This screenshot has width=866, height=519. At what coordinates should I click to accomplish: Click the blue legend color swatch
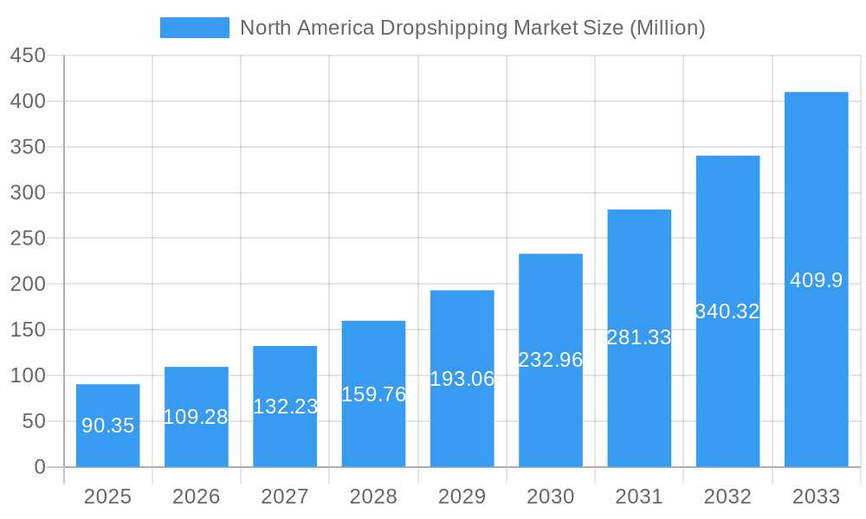pos(195,28)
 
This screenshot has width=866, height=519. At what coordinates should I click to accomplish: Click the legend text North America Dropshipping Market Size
pos(472,28)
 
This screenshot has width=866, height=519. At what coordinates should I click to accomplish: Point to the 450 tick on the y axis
pos(28,55)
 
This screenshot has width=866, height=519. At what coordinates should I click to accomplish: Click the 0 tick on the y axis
pos(39,467)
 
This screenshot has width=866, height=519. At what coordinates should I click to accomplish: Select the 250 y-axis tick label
pos(28,239)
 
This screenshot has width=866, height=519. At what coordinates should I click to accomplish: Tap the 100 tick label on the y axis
pos(28,375)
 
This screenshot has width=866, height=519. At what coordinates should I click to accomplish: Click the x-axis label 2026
pos(197,497)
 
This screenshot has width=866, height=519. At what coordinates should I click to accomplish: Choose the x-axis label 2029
pos(462,497)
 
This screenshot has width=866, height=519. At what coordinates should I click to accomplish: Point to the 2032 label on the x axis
pos(727,497)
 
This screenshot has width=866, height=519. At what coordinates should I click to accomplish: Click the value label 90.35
pos(107,426)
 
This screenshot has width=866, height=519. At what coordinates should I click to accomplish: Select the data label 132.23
pos(285,407)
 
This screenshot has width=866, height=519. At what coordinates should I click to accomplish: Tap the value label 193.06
pos(462,379)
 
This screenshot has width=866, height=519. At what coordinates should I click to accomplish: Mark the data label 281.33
pos(639,338)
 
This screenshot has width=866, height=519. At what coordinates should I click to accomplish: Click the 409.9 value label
pos(816,280)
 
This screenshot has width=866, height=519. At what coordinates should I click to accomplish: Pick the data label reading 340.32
pos(727,311)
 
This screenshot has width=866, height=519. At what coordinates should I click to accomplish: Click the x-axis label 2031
pos(639,497)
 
